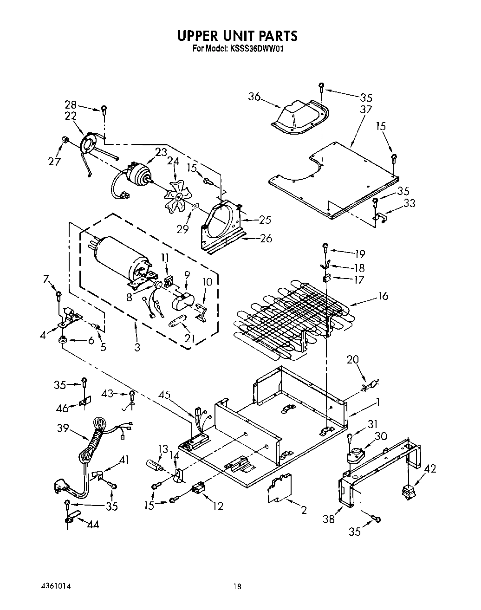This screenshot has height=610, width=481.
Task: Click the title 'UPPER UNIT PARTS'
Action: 237,36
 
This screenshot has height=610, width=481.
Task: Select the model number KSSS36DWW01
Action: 254,48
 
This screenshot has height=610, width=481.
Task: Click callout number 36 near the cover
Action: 254,97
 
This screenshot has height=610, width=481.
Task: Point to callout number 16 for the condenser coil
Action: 383,296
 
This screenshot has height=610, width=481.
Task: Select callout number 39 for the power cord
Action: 64,428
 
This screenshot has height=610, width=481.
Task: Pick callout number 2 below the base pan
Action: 304,510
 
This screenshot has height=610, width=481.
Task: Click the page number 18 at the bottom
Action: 237,586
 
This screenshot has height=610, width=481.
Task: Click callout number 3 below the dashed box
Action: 137,347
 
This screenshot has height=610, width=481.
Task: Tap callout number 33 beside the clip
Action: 409,203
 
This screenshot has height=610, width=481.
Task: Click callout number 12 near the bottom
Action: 218,506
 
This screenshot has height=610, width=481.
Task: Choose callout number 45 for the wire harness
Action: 164,396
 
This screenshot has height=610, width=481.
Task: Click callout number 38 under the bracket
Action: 329,519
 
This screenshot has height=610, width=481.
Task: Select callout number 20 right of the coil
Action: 352,359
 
